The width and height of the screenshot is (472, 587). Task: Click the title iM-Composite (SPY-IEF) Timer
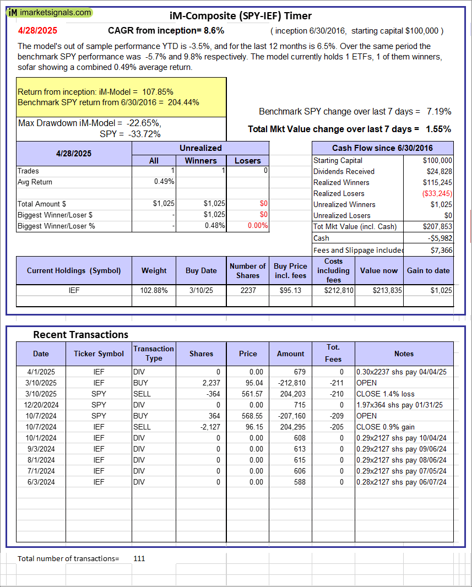pyautogui.click(x=241, y=16)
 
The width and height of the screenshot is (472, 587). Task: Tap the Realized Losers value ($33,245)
pyautogui.click(x=437, y=193)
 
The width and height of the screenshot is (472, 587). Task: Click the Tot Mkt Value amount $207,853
pyautogui.click(x=437, y=226)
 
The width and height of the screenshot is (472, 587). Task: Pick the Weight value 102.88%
pyautogui.click(x=154, y=290)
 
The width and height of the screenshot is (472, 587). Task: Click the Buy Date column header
pyautogui.click(x=201, y=270)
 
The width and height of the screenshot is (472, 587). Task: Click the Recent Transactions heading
pyautogui.click(x=80, y=335)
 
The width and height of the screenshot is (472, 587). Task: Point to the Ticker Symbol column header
pyautogui.click(x=99, y=354)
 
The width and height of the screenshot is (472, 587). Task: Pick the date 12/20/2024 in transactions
pyautogui.click(x=41, y=405)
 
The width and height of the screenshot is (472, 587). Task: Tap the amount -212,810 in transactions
pyautogui.click(x=290, y=383)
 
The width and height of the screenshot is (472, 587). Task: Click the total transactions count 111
pyautogui.click(x=139, y=558)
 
